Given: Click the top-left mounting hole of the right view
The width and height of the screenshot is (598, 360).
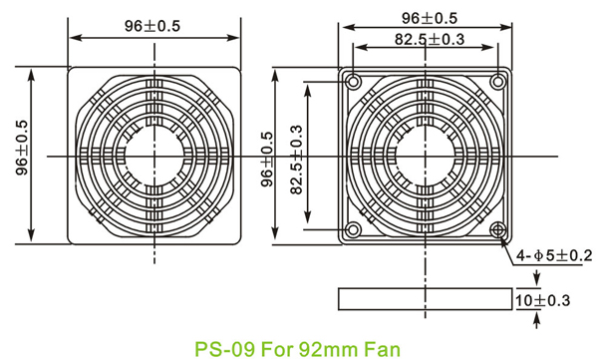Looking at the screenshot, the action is [353, 82].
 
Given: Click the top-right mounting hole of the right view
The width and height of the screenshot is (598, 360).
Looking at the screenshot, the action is [497, 82].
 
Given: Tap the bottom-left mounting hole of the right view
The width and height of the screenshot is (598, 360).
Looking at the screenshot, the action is [353, 229].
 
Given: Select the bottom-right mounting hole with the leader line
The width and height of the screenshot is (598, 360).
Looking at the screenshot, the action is [497, 229].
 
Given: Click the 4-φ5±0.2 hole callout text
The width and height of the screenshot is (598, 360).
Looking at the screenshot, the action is [554, 255].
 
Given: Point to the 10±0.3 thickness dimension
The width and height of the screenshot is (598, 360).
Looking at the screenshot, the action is [543, 300].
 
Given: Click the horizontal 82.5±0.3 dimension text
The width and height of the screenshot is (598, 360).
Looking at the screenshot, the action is [430, 39].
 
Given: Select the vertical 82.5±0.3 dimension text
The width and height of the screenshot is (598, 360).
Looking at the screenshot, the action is [296, 160].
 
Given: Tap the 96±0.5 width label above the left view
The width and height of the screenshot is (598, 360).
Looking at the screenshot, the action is [151, 26].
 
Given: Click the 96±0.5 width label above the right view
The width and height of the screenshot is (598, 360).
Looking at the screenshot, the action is [429, 18].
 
